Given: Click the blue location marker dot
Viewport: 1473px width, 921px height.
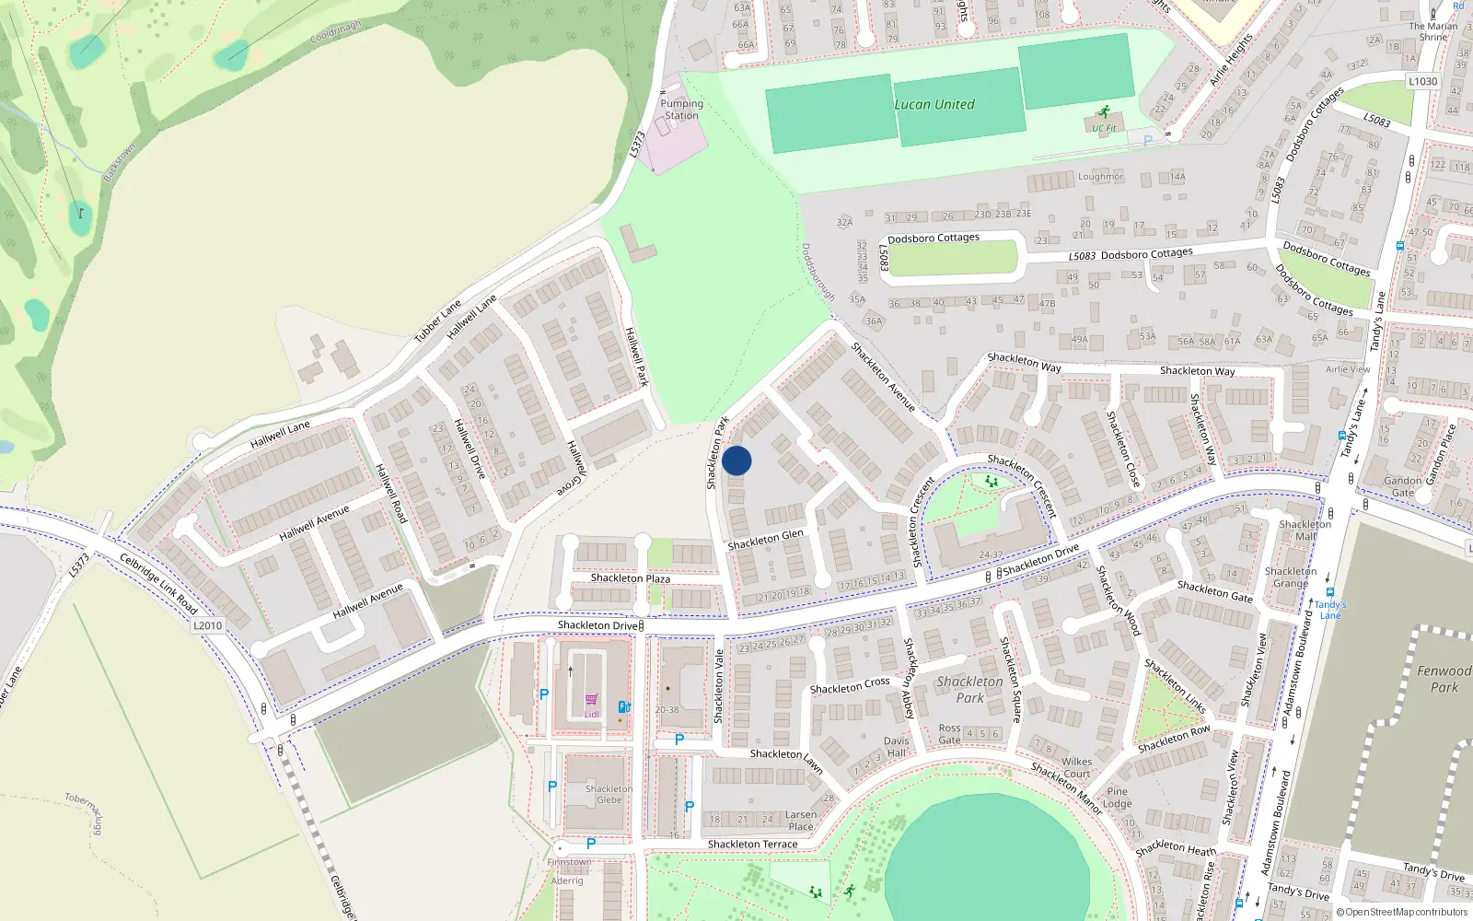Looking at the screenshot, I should tap(736, 460).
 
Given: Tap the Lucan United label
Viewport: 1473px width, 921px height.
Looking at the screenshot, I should tap(934, 104).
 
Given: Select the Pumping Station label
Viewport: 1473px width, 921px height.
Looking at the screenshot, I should tap(681, 110).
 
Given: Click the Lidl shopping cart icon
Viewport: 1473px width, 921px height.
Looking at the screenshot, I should tap(591, 700).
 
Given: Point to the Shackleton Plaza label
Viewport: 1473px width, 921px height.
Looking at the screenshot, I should tap(630, 578).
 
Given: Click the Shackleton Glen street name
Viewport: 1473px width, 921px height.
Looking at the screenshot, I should tap(765, 541).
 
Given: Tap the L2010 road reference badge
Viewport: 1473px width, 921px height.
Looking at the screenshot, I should tap(207, 625).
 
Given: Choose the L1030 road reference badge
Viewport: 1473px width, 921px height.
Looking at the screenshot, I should tap(1422, 81).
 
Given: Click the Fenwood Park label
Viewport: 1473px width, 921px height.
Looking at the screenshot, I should tap(1444, 679).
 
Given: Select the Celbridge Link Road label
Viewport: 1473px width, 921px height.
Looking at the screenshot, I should tap(158, 584).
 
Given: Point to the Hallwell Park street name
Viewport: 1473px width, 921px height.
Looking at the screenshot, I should tap(636, 356).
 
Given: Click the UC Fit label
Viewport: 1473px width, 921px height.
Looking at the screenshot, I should tap(1104, 128).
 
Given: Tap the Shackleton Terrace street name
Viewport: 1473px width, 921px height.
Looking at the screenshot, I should tap(752, 845).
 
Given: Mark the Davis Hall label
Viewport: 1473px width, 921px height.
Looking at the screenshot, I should tap(896, 747).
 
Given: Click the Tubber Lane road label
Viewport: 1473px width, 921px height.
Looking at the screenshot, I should tap(437, 321).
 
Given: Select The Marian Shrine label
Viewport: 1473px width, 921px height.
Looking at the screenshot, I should tap(1432, 31).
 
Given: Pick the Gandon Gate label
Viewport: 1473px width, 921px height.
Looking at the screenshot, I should tap(1402, 486).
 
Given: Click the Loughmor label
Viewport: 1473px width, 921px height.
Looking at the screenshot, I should tap(1100, 177).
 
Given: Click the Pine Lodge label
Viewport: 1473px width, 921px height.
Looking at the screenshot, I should tap(1117, 798).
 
